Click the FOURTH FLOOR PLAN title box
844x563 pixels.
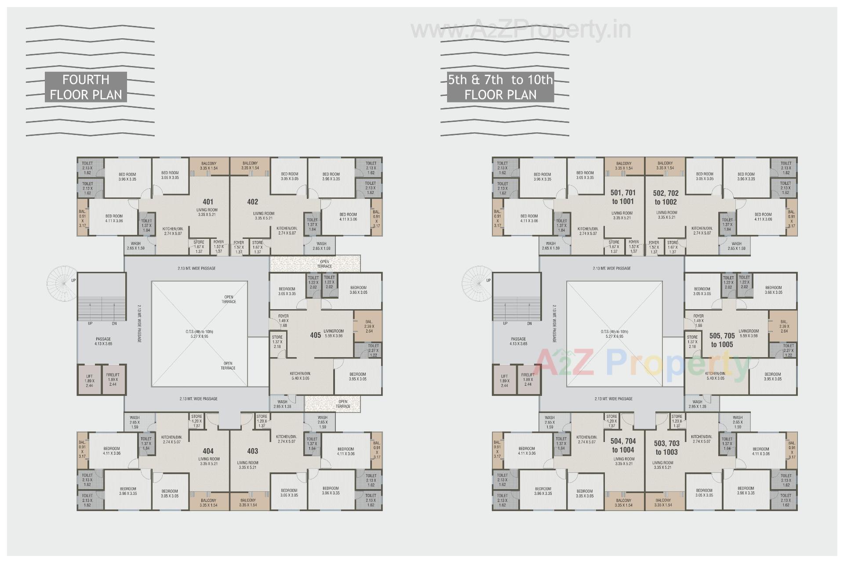86,87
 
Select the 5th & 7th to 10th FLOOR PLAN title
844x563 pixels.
500,87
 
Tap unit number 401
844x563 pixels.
208,202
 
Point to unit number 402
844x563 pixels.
252,202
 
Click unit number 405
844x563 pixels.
315,335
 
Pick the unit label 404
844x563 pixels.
208,451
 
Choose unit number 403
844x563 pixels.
252,451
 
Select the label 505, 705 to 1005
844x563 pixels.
722,340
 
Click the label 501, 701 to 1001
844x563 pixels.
623,197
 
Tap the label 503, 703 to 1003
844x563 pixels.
666,448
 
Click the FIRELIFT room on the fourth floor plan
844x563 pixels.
113,380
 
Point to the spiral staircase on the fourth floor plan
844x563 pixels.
62,281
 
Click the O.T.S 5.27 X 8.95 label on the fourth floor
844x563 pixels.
199,334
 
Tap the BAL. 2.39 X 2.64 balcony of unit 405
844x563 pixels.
368,326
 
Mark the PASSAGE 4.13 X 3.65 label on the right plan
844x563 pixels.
518,341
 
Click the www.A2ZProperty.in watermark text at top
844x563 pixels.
521,30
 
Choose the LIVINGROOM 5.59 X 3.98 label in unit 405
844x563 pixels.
333,333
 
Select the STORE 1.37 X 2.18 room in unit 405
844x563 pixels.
277,342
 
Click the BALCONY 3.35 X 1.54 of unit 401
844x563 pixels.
209,166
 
